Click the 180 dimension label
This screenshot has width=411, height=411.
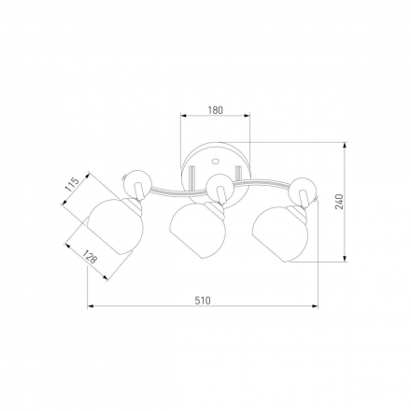(216, 110)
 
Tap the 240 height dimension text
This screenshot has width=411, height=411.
(339, 202)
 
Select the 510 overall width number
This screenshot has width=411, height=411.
(203, 301)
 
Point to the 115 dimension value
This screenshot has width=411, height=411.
(72, 184)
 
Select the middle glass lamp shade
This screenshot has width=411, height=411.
(197, 230)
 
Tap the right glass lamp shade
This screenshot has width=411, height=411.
(280, 234)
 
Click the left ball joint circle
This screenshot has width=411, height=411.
(137, 184)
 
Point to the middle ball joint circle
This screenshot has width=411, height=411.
(220, 188)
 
